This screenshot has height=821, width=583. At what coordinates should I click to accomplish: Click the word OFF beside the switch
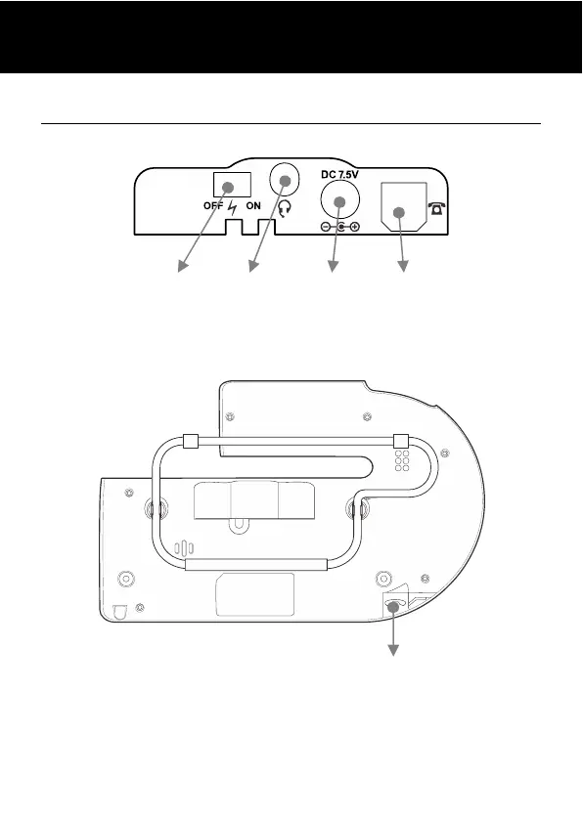coord(213,206)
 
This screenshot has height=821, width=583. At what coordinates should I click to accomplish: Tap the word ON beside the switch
coord(253,206)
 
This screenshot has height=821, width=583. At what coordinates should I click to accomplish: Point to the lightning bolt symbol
coord(233,208)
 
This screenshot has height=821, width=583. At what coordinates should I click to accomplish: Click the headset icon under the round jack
coord(284,210)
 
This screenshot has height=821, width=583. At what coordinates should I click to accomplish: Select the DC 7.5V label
coord(340,175)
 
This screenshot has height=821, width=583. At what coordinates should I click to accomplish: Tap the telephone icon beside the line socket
coord(437,208)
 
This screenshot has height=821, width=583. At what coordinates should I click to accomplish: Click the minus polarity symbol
coord(326,227)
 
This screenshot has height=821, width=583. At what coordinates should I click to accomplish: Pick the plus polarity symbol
coord(355,227)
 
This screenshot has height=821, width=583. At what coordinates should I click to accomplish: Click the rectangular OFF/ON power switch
coord(232,185)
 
